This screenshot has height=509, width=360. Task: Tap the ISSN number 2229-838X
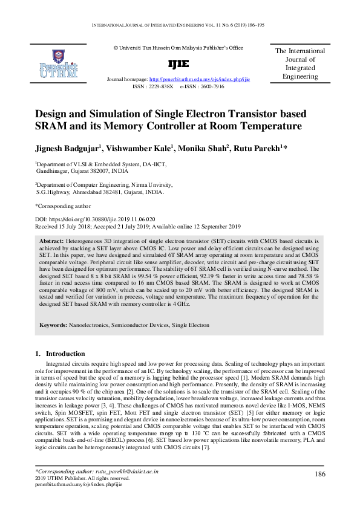(160, 86)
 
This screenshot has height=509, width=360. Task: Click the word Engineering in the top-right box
(300, 77)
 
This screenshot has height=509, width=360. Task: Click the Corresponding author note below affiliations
(60, 206)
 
